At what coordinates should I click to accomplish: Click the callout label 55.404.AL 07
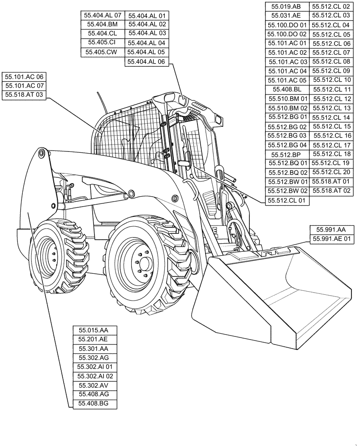pos(102,15)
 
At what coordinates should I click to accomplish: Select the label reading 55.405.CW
pos(102,52)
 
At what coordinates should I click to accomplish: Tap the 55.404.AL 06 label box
pos(146,62)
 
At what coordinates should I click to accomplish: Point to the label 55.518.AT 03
pos(24,95)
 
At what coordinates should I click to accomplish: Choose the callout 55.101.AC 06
pos(24,77)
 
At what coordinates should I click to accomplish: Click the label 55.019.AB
pos(287,6)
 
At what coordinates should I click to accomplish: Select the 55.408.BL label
pos(287,89)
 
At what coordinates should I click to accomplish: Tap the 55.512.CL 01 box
pos(287,201)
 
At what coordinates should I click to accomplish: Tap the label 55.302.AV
pos(96,385)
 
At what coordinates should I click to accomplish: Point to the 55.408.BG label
pos(96,404)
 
